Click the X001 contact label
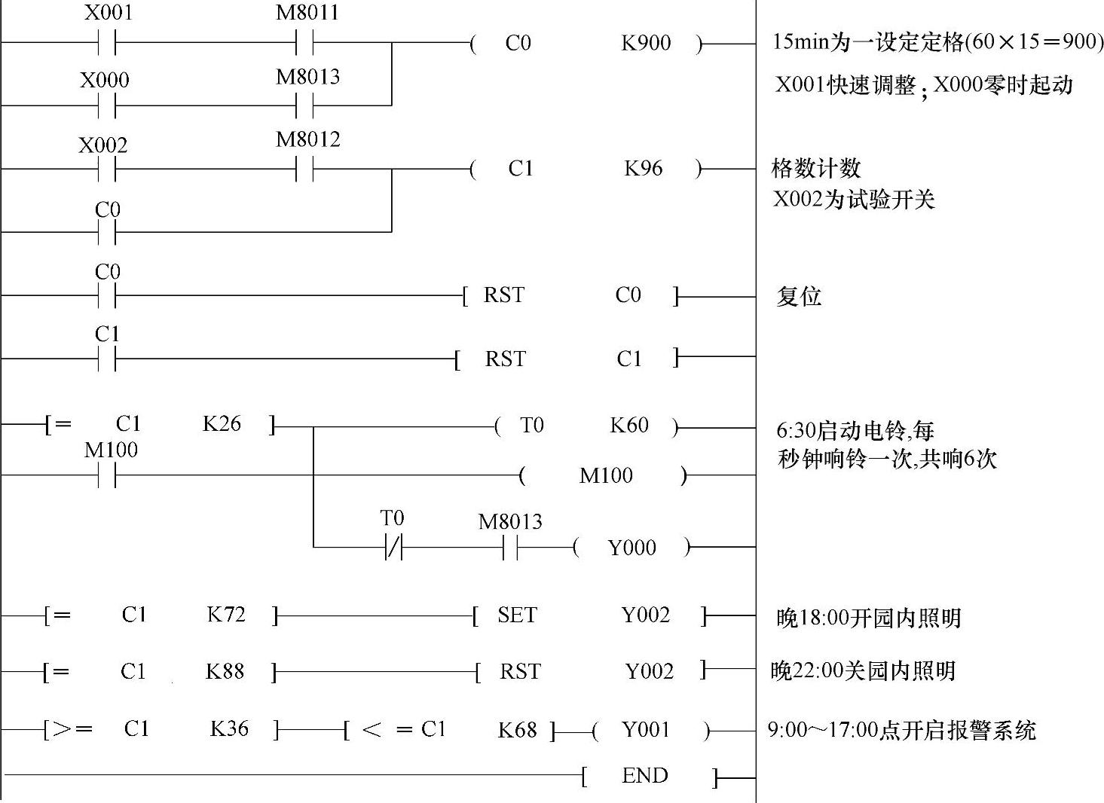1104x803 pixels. [x=109, y=14]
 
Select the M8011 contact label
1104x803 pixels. [x=307, y=13]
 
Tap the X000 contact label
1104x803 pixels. [x=105, y=80]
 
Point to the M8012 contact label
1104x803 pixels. [x=308, y=139]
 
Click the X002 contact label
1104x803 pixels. [x=103, y=145]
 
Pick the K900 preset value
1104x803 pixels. [x=646, y=43]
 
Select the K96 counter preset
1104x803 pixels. [x=644, y=168]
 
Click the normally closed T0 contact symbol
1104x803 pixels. [x=393, y=548]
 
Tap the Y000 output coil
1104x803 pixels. [x=632, y=548]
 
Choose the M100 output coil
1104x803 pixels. [x=606, y=475]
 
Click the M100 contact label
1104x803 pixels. [x=111, y=450]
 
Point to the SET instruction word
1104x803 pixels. [x=517, y=615]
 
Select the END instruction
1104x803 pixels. [x=645, y=776]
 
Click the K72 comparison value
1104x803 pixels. [x=226, y=615]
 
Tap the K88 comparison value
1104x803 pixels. [x=225, y=671]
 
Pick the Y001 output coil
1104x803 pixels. [x=646, y=729]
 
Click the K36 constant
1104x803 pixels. [x=229, y=728]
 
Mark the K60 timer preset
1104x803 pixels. [x=629, y=426]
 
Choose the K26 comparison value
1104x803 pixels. [x=222, y=424]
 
